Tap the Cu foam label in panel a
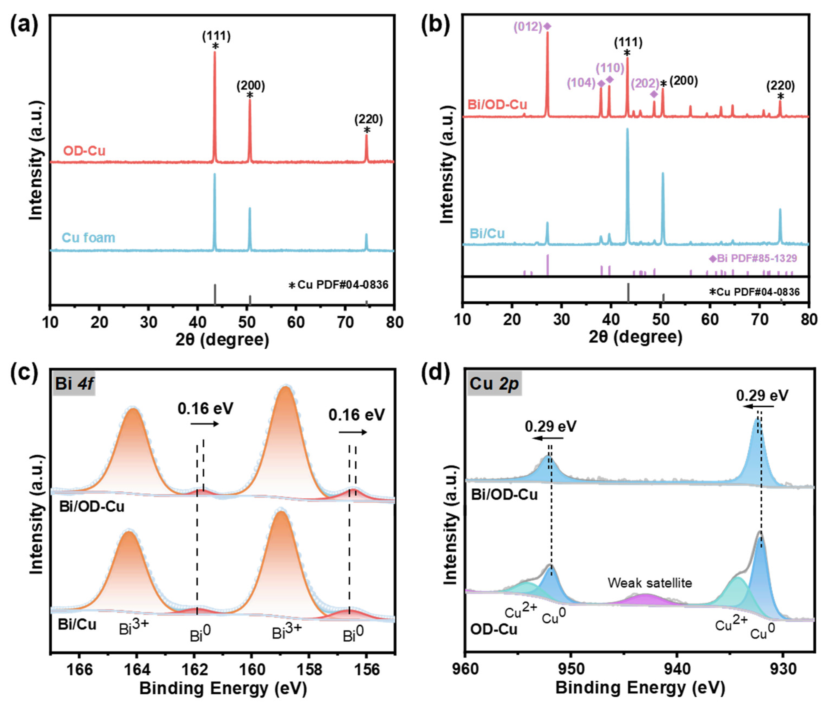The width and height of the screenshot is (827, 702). pyautogui.click(x=88, y=238)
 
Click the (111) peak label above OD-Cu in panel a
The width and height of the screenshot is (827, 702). pyautogui.click(x=216, y=36)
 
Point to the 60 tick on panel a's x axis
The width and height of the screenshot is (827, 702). pyautogui.click(x=296, y=322)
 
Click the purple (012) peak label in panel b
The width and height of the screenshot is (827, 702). pyautogui.click(x=528, y=27)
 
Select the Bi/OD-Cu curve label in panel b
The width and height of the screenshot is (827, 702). pyautogui.click(x=497, y=105)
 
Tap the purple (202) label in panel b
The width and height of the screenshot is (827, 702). pyautogui.click(x=645, y=83)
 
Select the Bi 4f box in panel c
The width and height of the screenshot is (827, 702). pyautogui.click(x=74, y=383)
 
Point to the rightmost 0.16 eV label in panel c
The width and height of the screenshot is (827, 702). pyautogui.click(x=356, y=415)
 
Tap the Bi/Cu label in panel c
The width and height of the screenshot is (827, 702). pyautogui.click(x=77, y=624)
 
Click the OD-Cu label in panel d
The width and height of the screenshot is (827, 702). pyautogui.click(x=493, y=629)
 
